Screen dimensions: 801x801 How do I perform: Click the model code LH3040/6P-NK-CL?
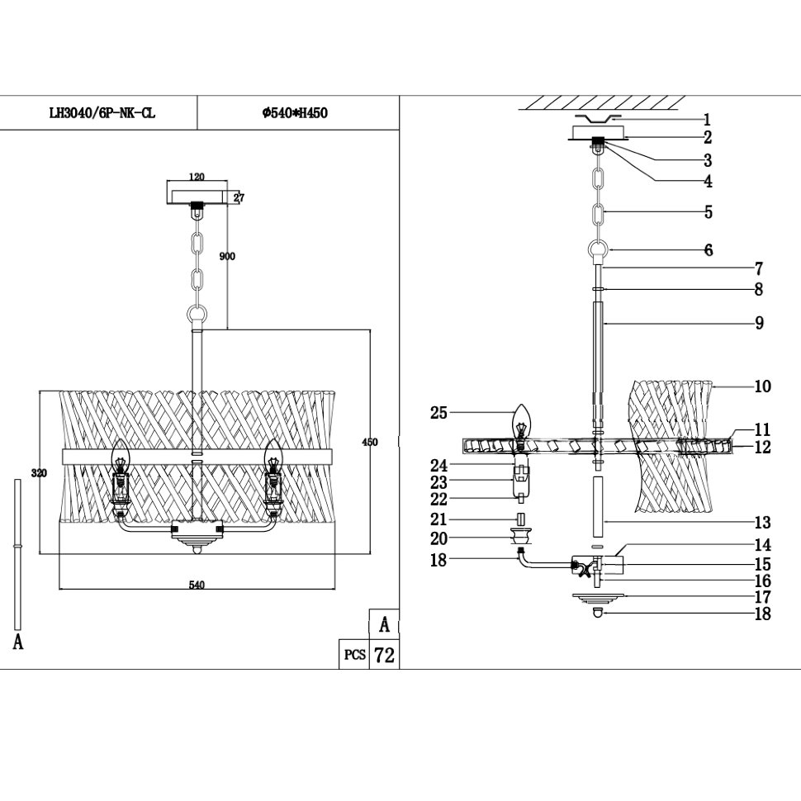(102, 114)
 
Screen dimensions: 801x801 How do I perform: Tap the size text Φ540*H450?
(295, 114)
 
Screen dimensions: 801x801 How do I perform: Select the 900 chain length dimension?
(227, 256)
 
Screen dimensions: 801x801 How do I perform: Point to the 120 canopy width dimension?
(197, 177)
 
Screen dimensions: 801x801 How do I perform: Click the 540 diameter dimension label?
(197, 585)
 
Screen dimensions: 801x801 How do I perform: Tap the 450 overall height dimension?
(370, 443)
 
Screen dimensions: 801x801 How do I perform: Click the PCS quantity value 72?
(384, 656)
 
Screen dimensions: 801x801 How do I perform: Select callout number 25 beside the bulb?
(438, 412)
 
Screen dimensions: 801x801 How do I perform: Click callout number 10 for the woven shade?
(761, 386)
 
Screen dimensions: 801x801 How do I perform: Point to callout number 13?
(761, 522)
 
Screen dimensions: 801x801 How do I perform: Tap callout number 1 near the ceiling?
(707, 119)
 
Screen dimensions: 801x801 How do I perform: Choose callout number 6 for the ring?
(708, 250)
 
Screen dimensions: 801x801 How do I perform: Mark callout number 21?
(438, 519)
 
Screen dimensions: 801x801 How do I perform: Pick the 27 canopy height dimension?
(238, 197)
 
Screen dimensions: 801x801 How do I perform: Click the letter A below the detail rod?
(18, 642)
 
